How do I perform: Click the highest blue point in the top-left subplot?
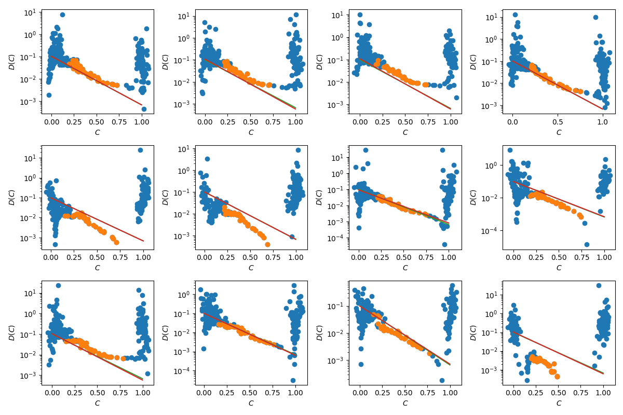click(62, 15)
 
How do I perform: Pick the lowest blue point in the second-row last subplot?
click(587, 244)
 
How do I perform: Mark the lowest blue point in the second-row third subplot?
click(444, 244)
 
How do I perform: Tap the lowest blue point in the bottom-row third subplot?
click(442, 380)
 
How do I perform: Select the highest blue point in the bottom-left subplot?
click(58, 285)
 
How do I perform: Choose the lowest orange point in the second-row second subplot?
click(267, 244)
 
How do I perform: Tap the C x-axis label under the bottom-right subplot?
click(559, 403)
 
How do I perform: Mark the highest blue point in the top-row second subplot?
click(296, 15)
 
